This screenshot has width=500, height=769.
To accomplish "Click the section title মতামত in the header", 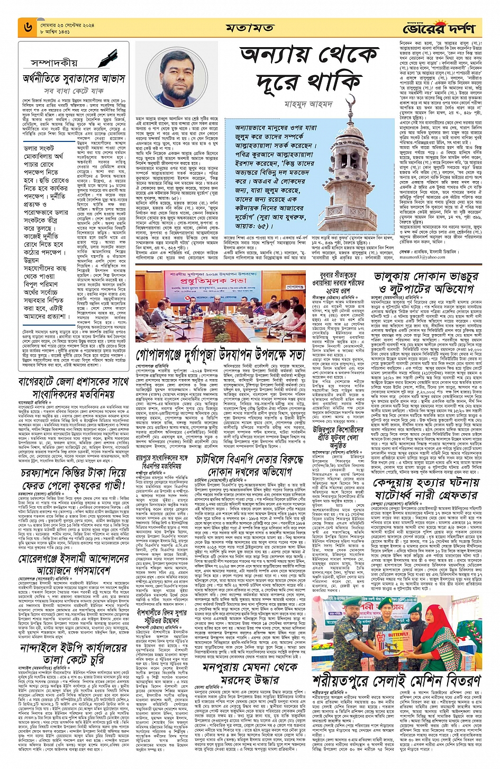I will pyautogui.click(x=249, y=28).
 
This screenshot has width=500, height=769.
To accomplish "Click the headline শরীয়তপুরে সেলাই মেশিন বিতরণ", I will pyautogui.click(x=396, y=680).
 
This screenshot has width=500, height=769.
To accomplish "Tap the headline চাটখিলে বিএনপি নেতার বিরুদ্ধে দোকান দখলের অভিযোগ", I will pyautogui.click(x=250, y=464).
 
